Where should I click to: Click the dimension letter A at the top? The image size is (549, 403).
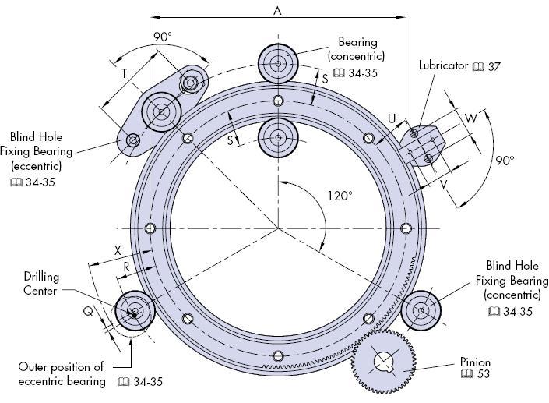[x=277, y=10]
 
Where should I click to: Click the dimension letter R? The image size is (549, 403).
[x=126, y=267]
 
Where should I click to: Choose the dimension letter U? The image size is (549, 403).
[x=392, y=118]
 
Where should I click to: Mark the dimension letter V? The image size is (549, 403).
[x=443, y=186]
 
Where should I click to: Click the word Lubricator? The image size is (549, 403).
[x=444, y=66]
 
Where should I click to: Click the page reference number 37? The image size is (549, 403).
[x=493, y=66]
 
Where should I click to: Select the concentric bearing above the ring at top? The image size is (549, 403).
[x=277, y=60]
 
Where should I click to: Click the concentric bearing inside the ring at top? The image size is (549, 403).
[x=277, y=138]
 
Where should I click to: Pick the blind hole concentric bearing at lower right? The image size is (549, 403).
[x=421, y=310]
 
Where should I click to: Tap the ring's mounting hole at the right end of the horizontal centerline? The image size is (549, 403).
[x=405, y=228]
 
